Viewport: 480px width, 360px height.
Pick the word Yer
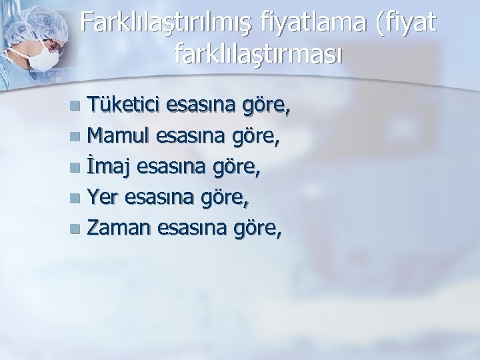pyautogui.click(x=102, y=198)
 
